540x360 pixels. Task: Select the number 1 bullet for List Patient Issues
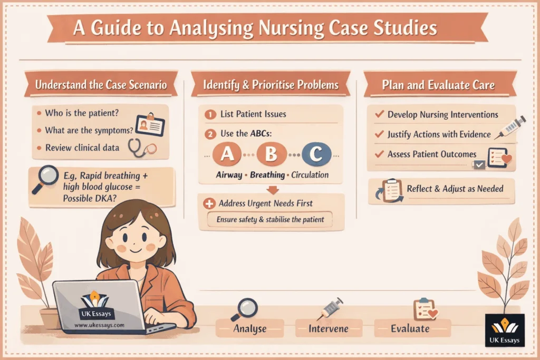(210, 114)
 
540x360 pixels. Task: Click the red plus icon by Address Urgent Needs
(209, 203)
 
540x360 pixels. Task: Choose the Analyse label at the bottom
(250, 329)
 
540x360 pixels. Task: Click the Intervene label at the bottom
(329, 329)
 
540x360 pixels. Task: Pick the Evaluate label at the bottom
(410, 329)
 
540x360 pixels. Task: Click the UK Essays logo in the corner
(504, 330)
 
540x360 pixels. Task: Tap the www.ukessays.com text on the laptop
(99, 325)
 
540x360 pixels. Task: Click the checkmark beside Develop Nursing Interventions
(379, 114)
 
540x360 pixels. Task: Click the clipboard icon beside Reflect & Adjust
(391, 190)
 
